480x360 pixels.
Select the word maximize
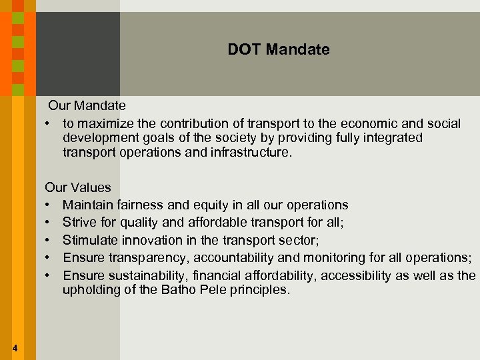click(103, 124)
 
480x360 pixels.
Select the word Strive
click(80, 223)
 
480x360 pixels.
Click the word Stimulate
click(89, 240)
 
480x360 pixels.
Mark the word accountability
click(237, 258)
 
